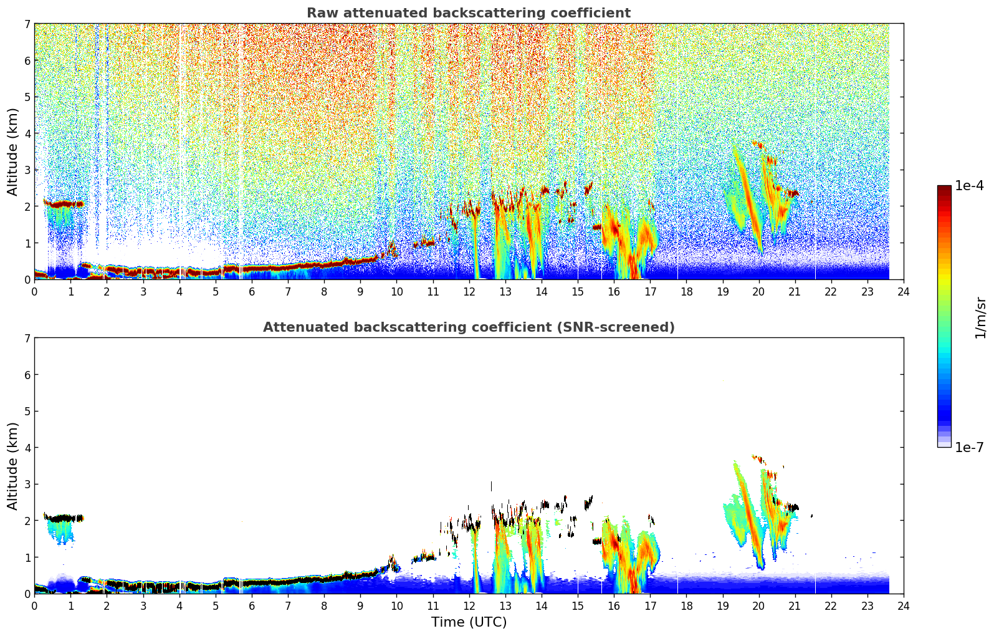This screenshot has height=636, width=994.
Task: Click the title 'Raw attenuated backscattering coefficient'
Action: tap(469, 13)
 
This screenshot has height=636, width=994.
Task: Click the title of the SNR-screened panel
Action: tap(469, 327)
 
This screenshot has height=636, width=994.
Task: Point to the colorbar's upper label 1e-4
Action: tap(970, 186)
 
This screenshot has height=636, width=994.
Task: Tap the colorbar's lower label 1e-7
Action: tap(970, 447)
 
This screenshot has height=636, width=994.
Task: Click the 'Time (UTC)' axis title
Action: tap(469, 622)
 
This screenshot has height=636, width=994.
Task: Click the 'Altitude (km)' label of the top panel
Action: tap(12, 152)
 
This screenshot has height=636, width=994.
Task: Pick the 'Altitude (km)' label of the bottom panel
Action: tap(12, 466)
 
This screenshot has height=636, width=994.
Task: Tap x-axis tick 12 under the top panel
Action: tap(469, 292)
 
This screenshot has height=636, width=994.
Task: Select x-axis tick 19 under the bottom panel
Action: tap(723, 606)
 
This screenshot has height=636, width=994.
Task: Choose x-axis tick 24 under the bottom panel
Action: tap(904, 606)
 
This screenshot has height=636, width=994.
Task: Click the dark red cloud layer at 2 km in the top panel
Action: tap(64, 205)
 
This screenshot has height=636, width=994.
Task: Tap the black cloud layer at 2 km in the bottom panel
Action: tap(64, 518)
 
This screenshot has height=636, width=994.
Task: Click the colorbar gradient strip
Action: tap(944, 316)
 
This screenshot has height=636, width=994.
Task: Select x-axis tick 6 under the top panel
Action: tap(252, 292)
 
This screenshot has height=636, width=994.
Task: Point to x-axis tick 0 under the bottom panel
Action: tap(35, 606)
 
